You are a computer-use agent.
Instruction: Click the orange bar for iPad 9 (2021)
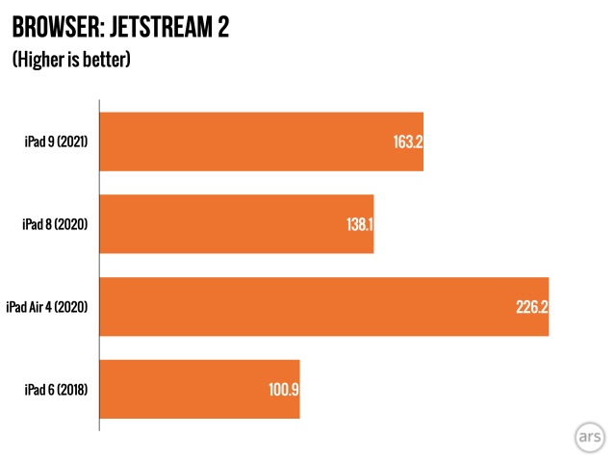261,142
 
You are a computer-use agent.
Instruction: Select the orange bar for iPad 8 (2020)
236,224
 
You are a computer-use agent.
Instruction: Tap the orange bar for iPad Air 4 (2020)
323,307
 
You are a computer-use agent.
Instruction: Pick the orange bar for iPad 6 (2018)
199,389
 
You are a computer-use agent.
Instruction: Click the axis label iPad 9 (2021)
56,142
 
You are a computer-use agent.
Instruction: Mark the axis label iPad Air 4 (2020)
47,307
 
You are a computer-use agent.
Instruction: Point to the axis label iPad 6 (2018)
56,389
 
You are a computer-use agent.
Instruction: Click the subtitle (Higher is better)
71,60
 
